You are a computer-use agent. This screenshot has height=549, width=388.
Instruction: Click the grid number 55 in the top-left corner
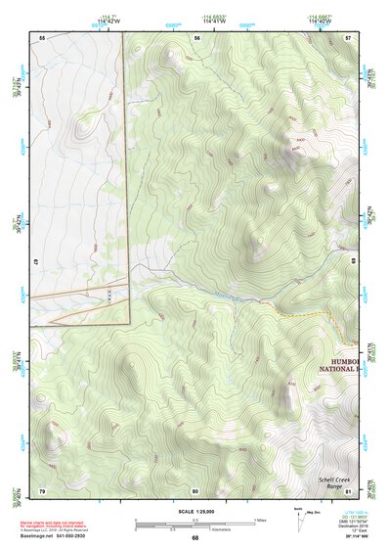42,37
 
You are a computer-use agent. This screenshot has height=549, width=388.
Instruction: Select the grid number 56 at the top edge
196,37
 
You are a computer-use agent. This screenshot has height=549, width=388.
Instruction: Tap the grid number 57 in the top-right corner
348,37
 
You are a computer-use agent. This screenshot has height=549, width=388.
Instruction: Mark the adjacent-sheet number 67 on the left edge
35,263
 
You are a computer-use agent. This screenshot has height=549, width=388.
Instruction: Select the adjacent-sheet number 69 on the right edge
354,263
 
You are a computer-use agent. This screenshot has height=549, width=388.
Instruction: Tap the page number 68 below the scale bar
194,538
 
